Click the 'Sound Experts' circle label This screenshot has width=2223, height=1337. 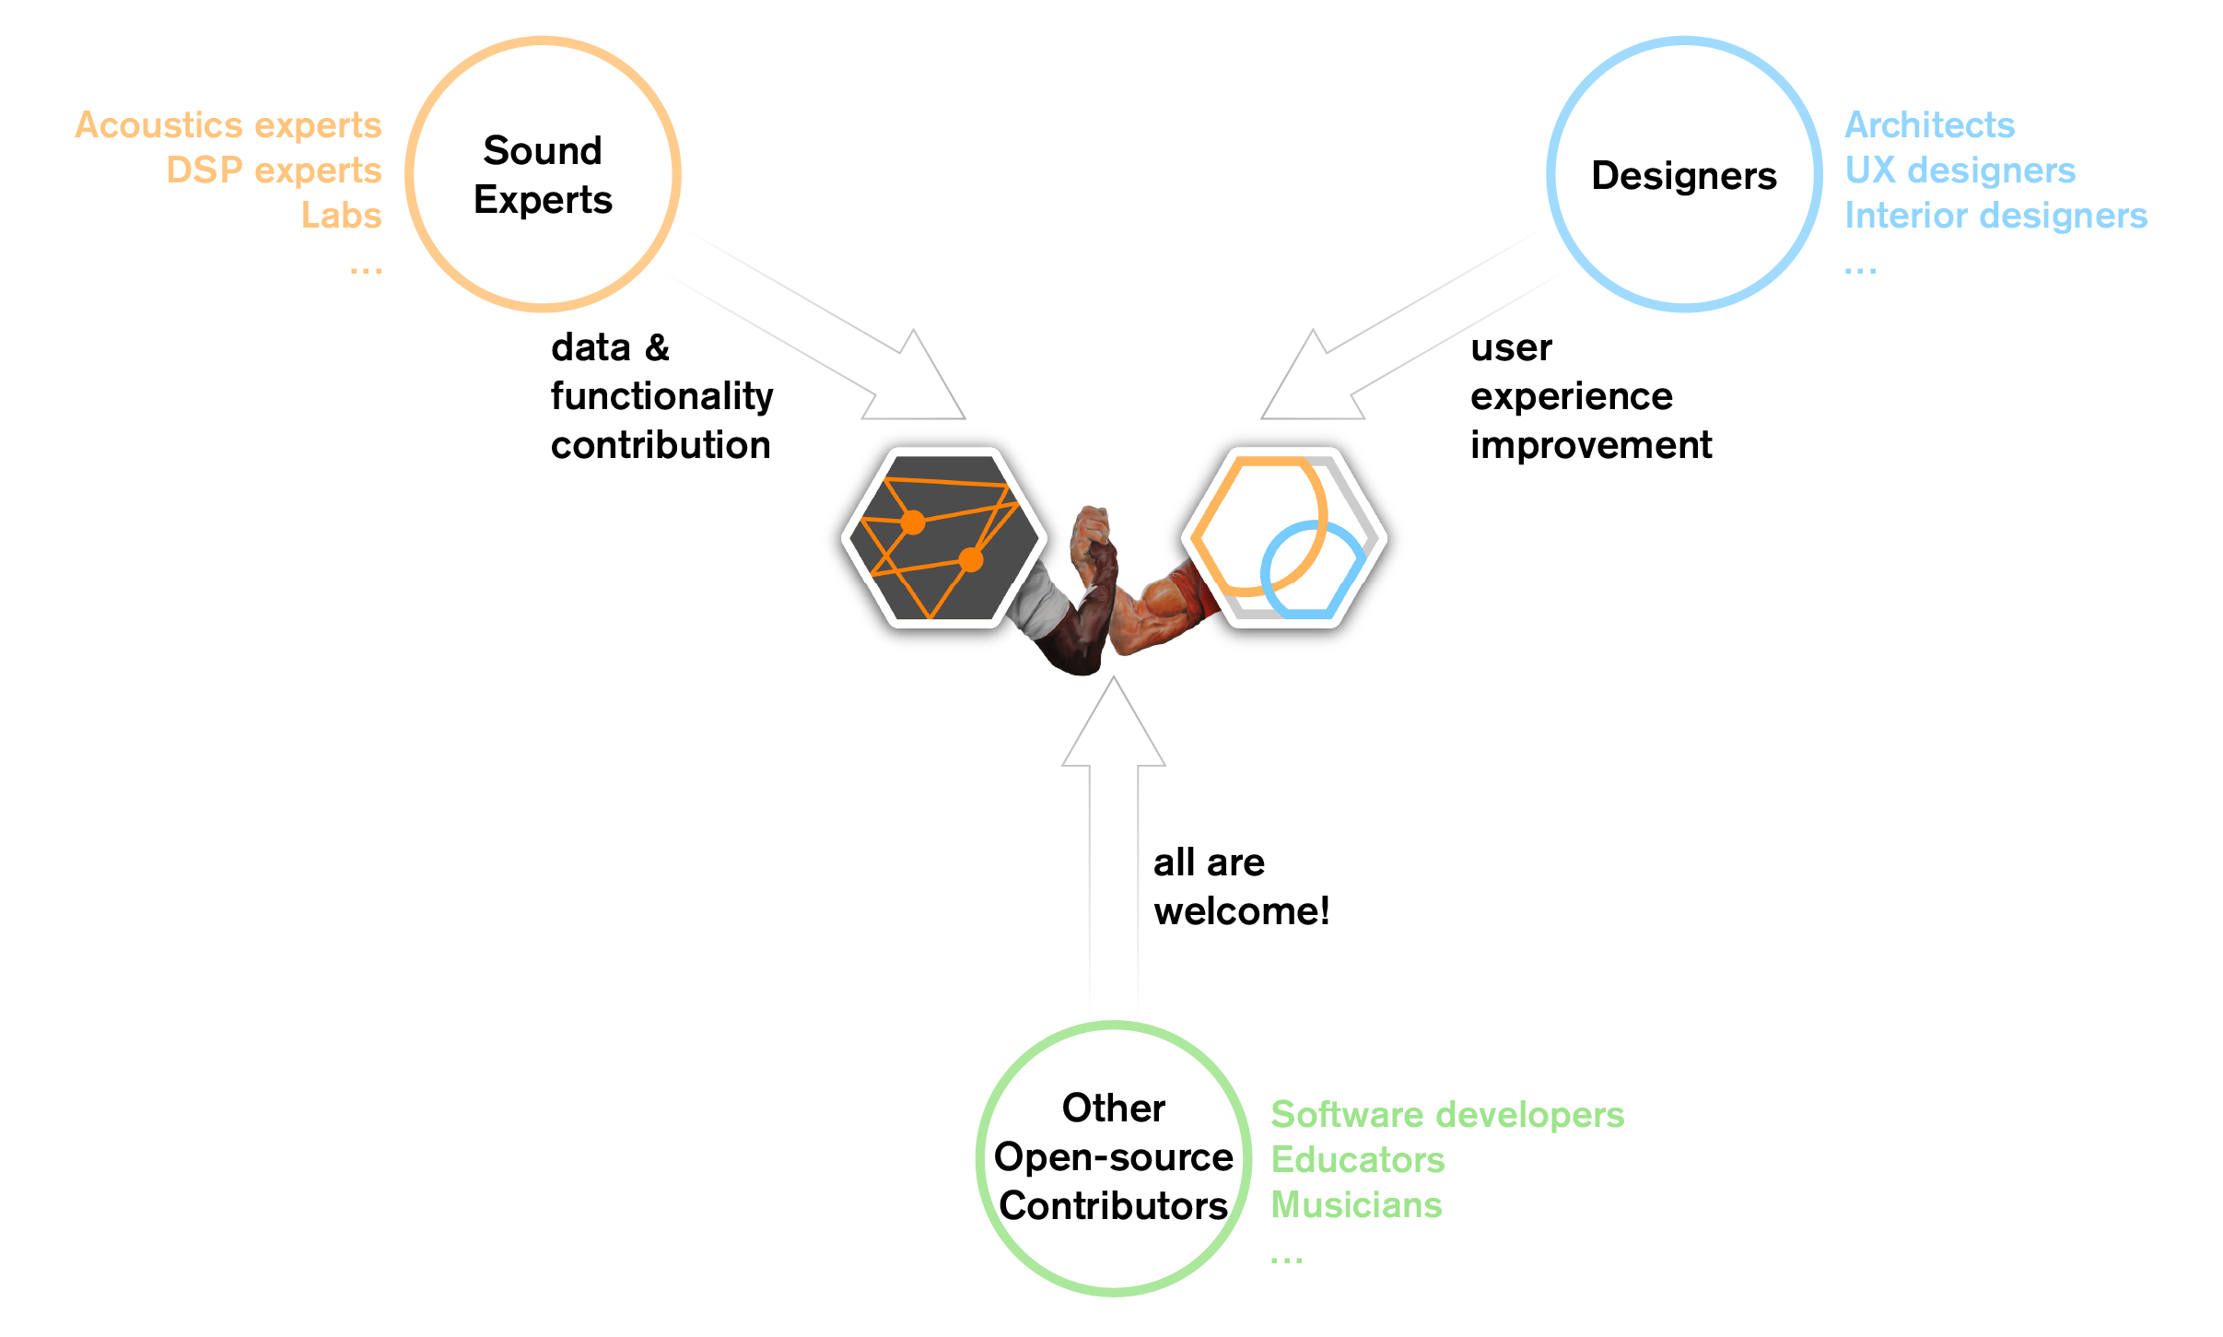coord(543,175)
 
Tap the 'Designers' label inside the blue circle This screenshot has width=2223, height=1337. coord(1683,175)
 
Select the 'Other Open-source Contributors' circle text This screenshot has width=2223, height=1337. coord(1113,1156)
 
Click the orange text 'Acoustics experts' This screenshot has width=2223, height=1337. coord(228,125)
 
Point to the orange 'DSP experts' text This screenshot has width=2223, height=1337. coord(274,170)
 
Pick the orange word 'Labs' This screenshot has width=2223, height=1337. coord(341,216)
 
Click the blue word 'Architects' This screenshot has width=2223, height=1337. coord(1929,125)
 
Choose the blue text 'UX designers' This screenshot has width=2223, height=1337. coord(1960,170)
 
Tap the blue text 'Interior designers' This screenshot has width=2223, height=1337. coord(1995,216)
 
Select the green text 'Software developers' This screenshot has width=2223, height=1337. coord(1447,1115)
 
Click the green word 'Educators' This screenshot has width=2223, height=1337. coord(1357,1160)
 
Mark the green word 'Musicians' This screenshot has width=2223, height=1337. coord(1356,1205)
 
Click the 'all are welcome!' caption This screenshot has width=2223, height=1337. coord(1241,886)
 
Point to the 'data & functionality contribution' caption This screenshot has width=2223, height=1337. coord(661,396)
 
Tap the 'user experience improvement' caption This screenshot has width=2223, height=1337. coord(1590,396)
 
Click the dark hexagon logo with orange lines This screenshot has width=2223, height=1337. coord(943,537)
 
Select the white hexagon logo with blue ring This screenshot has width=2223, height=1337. coord(1284,537)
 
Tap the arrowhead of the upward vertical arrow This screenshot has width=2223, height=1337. coord(1113,728)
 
